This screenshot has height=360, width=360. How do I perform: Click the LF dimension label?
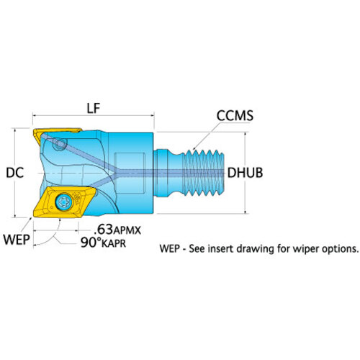(93, 109)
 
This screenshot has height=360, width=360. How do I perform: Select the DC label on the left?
(15, 173)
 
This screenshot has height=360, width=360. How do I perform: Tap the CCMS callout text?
(235, 116)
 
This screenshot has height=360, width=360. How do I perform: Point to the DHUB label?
(245, 173)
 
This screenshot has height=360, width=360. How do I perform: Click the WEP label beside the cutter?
(17, 239)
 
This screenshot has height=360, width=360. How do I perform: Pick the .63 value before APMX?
(104, 230)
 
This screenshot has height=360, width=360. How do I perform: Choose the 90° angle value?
(91, 243)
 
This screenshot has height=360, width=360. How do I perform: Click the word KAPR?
(114, 244)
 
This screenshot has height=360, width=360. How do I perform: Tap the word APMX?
(127, 231)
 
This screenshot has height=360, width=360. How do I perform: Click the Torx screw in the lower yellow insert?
(63, 202)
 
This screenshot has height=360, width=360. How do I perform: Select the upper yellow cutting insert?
(58, 136)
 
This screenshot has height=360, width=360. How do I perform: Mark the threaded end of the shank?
(204, 173)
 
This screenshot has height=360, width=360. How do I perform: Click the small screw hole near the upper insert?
(59, 144)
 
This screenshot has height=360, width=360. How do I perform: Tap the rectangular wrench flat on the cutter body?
(130, 173)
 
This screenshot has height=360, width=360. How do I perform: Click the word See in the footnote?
(197, 248)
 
